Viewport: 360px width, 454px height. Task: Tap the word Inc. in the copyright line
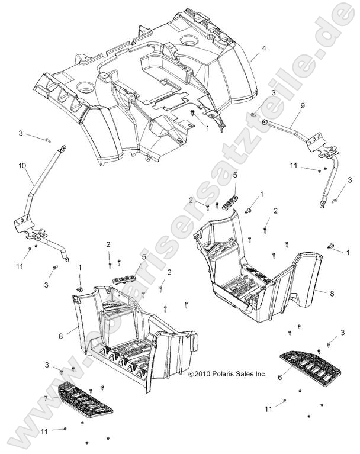pyautogui.click(x=260, y=374)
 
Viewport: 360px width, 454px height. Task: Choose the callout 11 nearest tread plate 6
pyautogui.click(x=268, y=409)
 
